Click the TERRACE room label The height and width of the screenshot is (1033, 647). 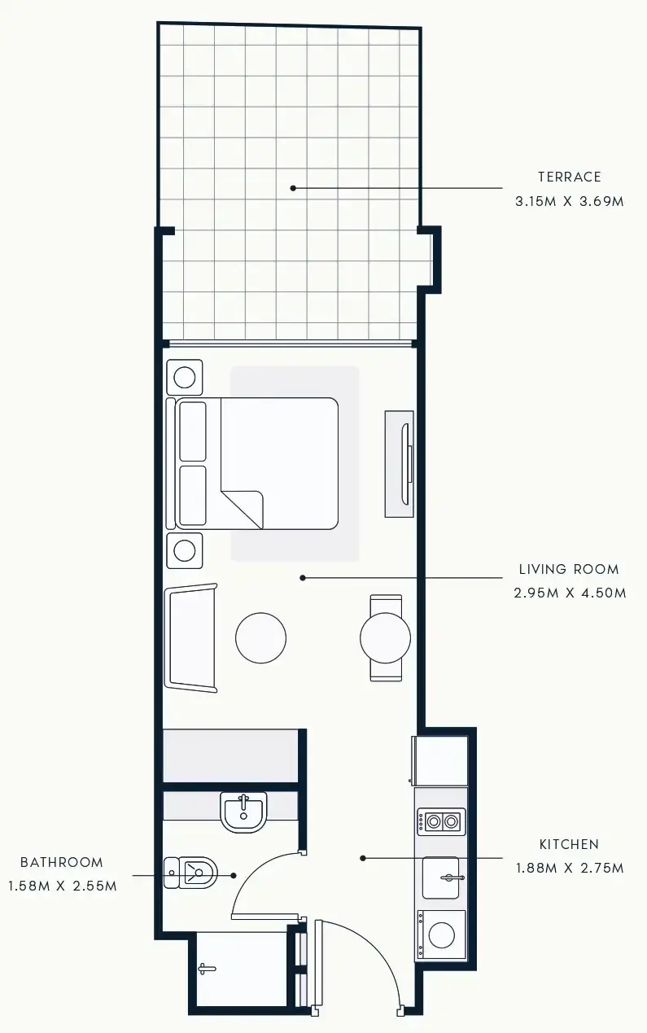(569, 177)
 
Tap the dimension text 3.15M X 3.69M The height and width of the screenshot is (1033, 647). (569, 200)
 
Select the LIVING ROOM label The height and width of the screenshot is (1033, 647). (569, 569)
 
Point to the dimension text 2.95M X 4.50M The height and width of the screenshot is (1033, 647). (570, 593)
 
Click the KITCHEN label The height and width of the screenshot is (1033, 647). (569, 844)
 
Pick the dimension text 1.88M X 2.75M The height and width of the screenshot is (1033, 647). (570, 868)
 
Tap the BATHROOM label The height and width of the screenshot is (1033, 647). (62, 862)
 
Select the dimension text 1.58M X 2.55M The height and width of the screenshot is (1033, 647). (62, 886)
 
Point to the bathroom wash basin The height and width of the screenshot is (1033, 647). (243, 812)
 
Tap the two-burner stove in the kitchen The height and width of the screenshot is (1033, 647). (441, 822)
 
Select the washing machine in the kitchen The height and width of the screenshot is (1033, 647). (441, 935)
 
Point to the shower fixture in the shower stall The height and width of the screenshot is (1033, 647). (207, 969)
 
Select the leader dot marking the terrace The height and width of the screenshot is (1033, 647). (293, 188)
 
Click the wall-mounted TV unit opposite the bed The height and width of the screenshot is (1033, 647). (400, 463)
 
